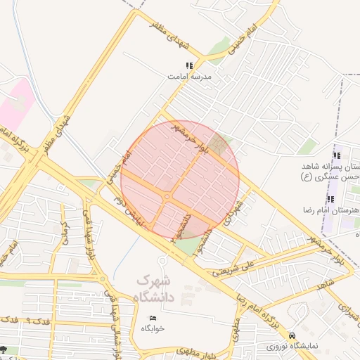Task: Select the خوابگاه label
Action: coord(153,328)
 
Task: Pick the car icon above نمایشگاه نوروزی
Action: coord(292,336)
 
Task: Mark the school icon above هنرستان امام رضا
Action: coord(330,200)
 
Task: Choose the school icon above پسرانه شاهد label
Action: coord(336,155)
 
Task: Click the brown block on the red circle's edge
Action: coord(221,146)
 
